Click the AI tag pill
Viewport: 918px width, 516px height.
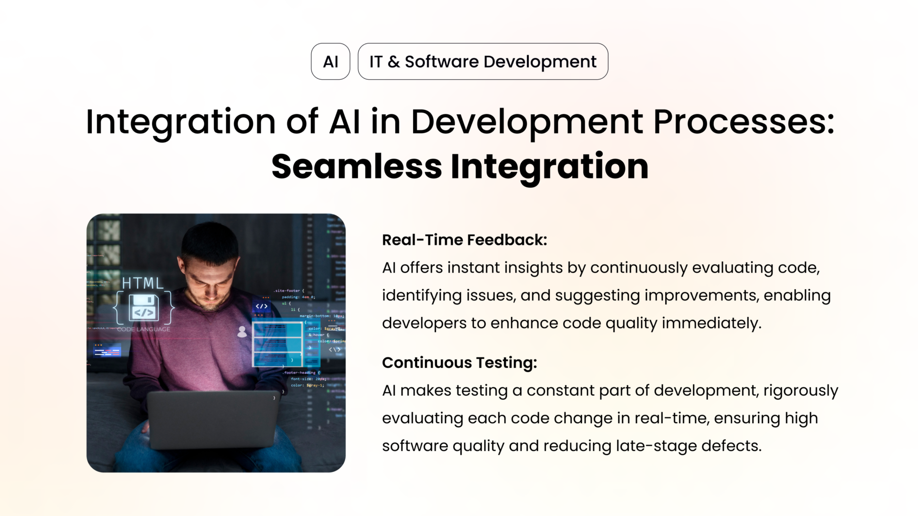(330, 62)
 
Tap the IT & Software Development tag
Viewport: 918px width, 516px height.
(483, 62)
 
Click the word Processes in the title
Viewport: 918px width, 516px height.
(743, 121)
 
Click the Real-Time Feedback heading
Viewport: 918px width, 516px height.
(464, 240)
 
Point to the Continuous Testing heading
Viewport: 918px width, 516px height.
(459, 363)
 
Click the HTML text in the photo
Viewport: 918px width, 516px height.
(142, 283)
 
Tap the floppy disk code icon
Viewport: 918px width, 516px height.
(144, 308)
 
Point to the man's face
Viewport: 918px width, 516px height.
(210, 277)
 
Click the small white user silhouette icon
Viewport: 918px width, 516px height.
(242, 332)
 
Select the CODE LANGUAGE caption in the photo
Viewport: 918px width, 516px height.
(143, 329)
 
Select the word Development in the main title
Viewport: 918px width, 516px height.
(527, 121)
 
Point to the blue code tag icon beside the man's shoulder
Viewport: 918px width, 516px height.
(262, 306)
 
